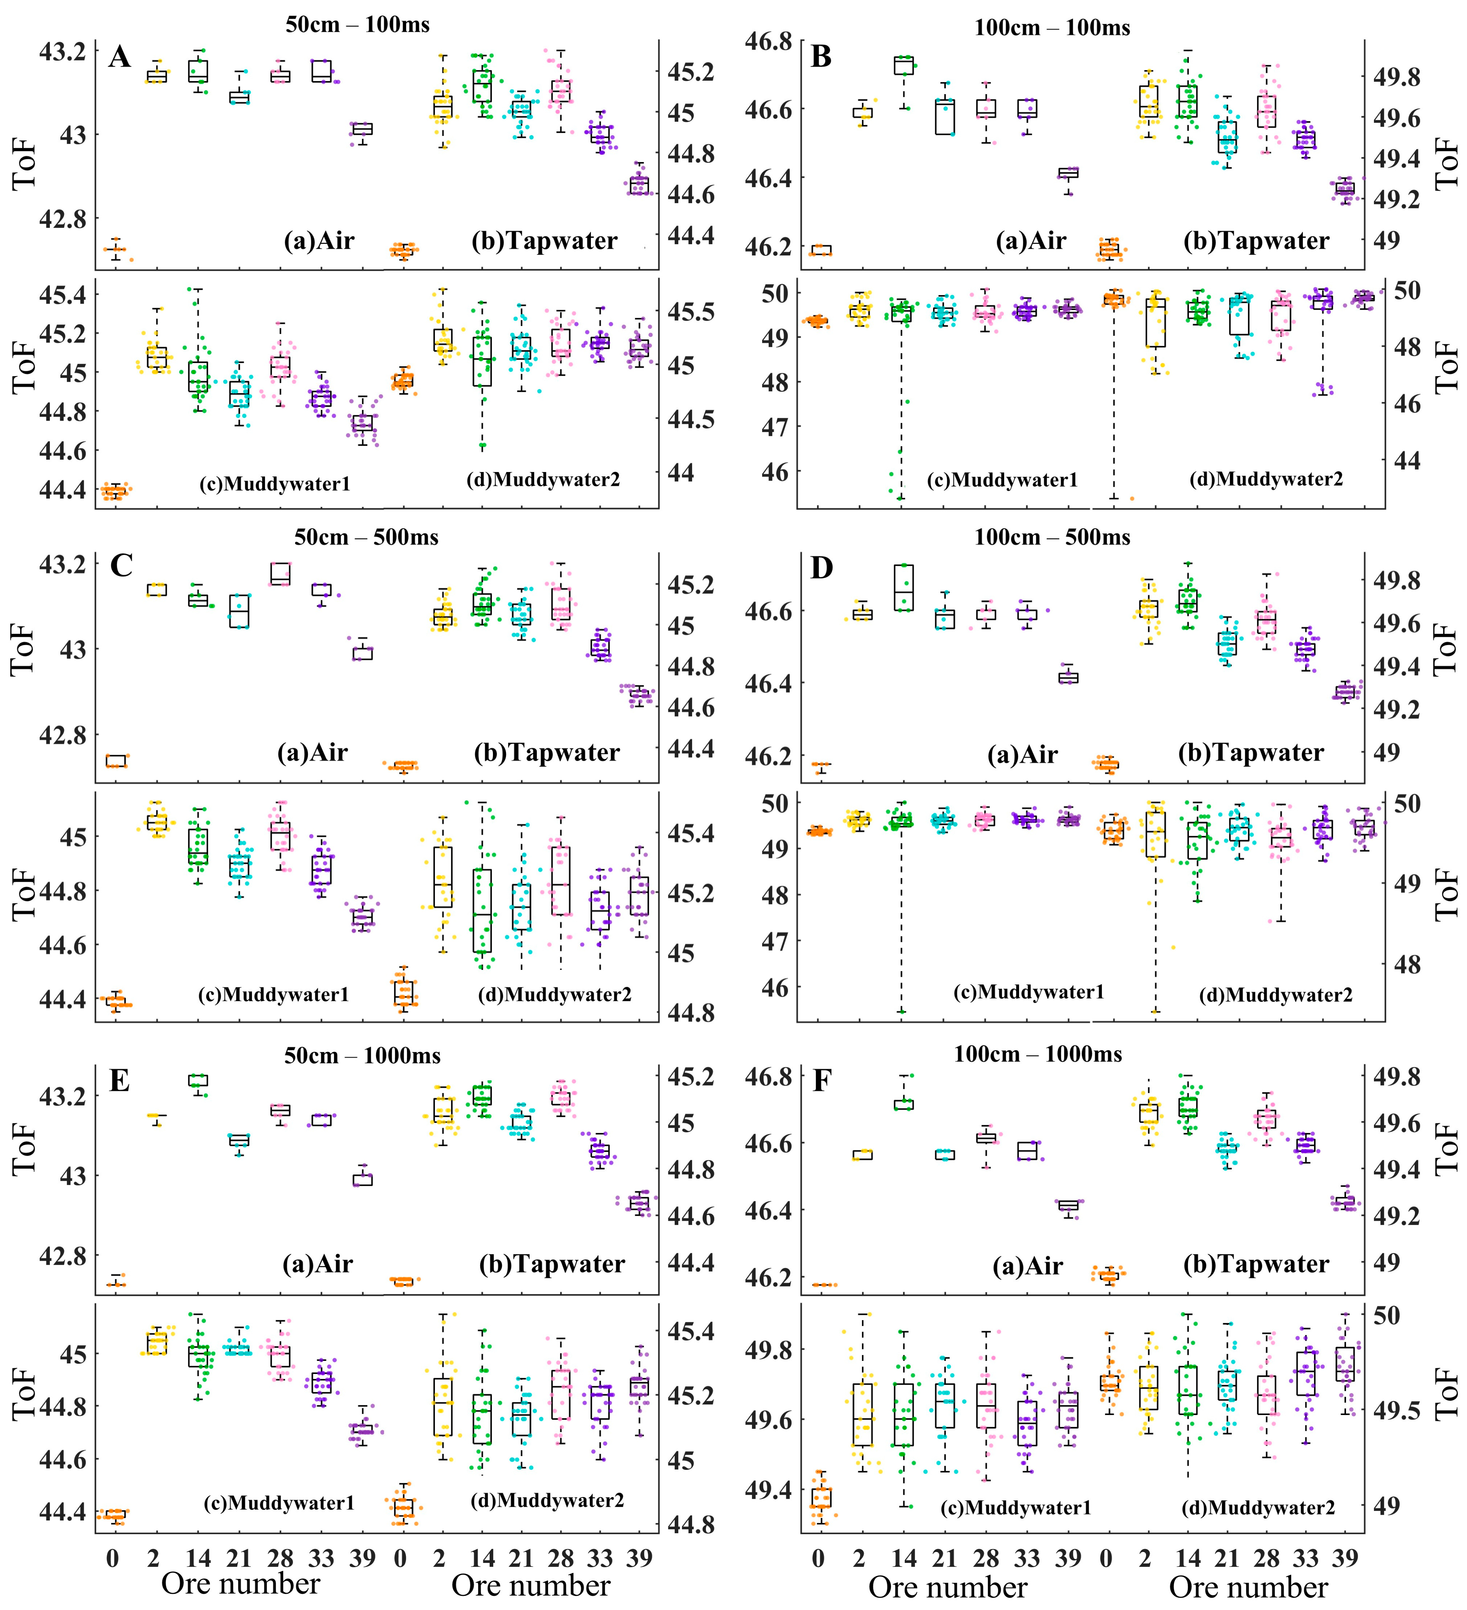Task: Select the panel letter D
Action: pos(822,569)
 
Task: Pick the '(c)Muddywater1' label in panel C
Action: pos(273,995)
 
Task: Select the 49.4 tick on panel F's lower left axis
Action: pos(768,1490)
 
